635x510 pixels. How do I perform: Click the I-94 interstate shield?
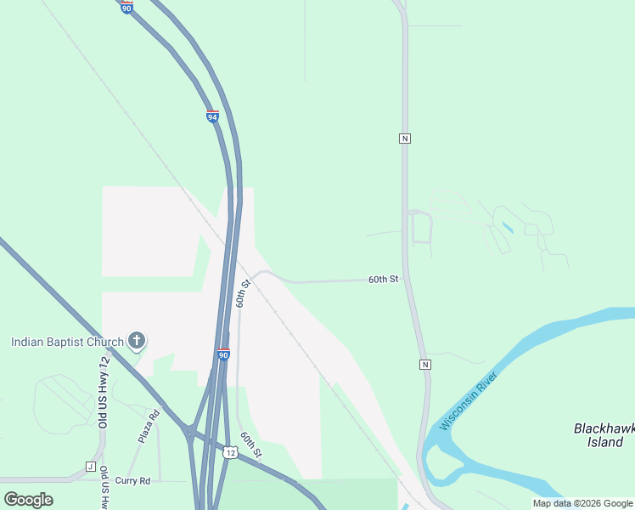pyautogui.click(x=212, y=116)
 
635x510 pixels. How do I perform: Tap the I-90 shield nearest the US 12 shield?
pyautogui.click(x=222, y=354)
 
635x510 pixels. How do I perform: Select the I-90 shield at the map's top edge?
pyautogui.click(x=126, y=8)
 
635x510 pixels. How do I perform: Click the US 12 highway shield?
pyautogui.click(x=231, y=453)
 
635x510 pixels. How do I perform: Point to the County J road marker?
pyautogui.click(x=90, y=467)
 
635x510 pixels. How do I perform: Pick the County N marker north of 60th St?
pyautogui.click(x=405, y=138)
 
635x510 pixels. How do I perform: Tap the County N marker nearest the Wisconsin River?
pyautogui.click(x=424, y=365)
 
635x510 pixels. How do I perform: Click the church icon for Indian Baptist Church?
pyautogui.click(x=136, y=342)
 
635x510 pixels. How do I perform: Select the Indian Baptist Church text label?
pyautogui.click(x=67, y=343)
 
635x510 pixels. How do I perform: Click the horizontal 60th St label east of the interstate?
pyautogui.click(x=383, y=279)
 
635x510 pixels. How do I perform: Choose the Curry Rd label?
pyautogui.click(x=132, y=481)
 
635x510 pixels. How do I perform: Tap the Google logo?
pyautogui.click(x=28, y=499)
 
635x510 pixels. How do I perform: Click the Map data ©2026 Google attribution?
pyautogui.click(x=582, y=503)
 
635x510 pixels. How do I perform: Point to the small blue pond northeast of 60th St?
pyautogui.click(x=507, y=228)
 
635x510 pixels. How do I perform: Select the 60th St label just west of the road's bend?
pyautogui.click(x=244, y=293)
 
